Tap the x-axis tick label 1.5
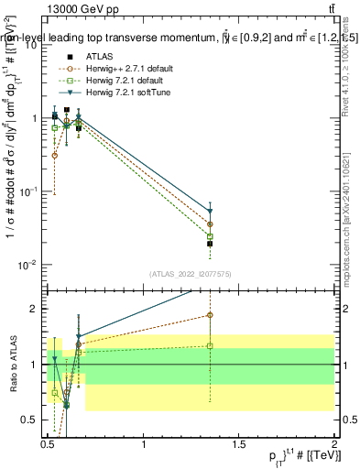coord(239,444)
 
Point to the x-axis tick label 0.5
coord(48,444)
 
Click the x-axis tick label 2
coord(334,444)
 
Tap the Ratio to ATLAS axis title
coord(14,365)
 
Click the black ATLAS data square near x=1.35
coord(210,244)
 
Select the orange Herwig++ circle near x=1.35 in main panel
coord(210,224)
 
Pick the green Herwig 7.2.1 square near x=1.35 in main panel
coord(210,236)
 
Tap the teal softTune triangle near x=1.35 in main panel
coord(210,211)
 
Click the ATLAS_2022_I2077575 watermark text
coord(189,274)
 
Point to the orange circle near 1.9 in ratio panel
coord(210,315)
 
